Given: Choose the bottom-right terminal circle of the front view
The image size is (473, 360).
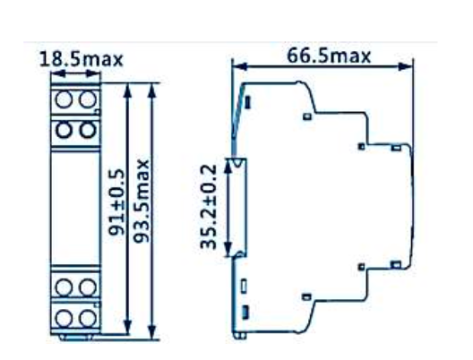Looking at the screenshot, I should [x=86, y=318].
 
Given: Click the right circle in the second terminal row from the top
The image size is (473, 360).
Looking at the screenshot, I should [x=86, y=130].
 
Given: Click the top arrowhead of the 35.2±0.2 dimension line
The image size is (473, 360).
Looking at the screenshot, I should [x=231, y=161].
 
